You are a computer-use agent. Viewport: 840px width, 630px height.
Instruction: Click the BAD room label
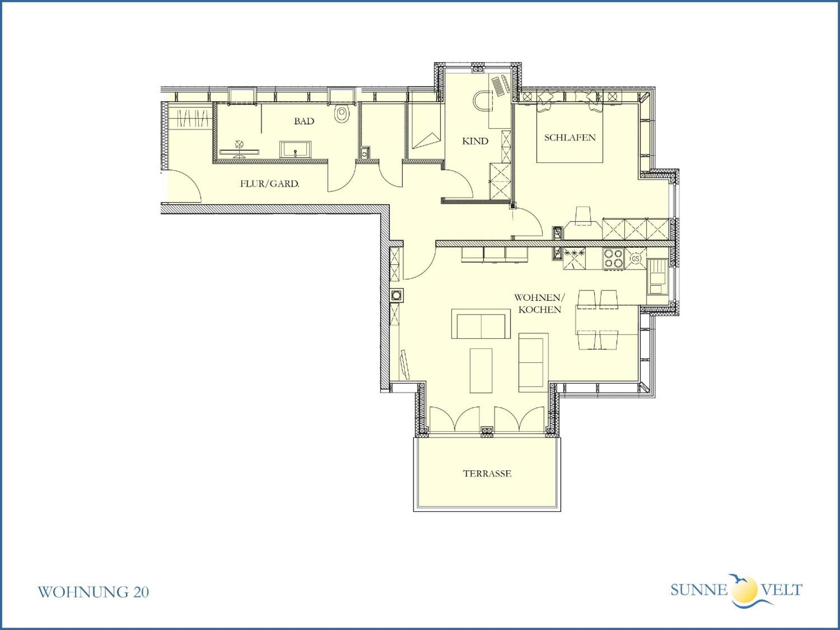(304, 121)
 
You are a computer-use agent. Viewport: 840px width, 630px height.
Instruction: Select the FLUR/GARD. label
(269, 184)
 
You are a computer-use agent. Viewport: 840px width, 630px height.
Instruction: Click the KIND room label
(475, 141)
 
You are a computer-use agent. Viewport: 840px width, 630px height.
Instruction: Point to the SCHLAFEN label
(570, 138)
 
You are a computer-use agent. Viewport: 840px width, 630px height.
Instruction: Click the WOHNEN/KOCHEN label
(540, 303)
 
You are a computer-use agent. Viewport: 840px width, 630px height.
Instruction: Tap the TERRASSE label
(487, 474)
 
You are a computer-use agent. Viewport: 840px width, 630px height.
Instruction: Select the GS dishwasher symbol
(636, 259)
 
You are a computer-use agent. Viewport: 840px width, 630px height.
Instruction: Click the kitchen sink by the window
(657, 277)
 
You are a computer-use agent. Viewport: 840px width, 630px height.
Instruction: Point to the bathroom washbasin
(295, 149)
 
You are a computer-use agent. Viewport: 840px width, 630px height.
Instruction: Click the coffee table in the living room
(481, 371)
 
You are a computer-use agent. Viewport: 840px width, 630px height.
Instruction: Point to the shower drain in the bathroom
(239, 144)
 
